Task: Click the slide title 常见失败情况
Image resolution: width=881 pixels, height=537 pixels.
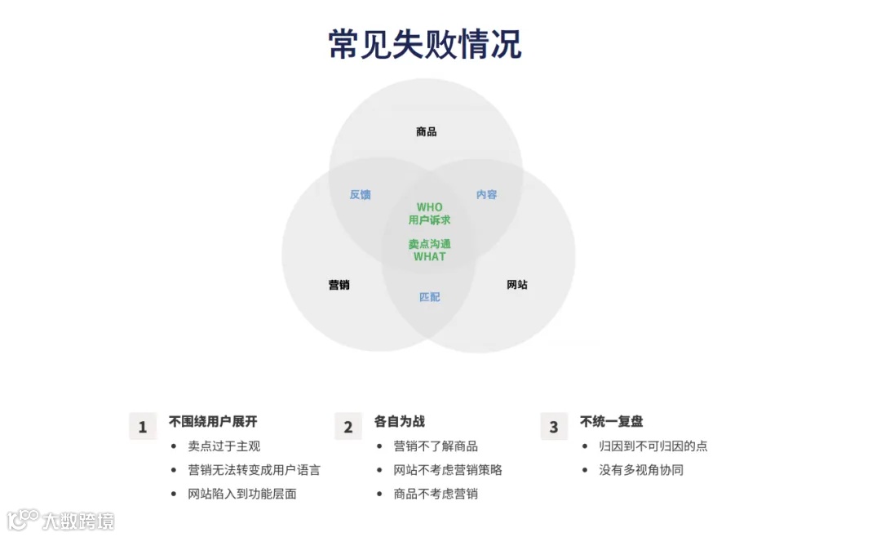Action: pyautogui.click(x=424, y=44)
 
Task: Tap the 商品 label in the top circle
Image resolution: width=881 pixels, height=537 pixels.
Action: pyautogui.click(x=426, y=131)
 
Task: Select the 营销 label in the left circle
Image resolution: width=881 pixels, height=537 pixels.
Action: pyautogui.click(x=339, y=285)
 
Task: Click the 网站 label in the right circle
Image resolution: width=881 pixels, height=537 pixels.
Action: pyautogui.click(x=517, y=285)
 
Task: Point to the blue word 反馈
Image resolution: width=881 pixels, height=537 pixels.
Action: pyautogui.click(x=361, y=194)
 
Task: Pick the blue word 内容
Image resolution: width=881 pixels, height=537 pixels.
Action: pyautogui.click(x=487, y=194)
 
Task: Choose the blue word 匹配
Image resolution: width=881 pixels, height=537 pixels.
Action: pyautogui.click(x=430, y=297)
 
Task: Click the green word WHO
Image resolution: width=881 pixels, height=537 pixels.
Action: pyautogui.click(x=430, y=207)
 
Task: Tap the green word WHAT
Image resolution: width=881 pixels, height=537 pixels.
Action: pyautogui.click(x=430, y=256)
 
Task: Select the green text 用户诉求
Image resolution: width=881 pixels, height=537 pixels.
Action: pyautogui.click(x=430, y=220)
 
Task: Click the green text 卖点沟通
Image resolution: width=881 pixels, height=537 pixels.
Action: pyautogui.click(x=430, y=244)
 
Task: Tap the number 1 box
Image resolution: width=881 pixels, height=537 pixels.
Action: pyautogui.click(x=143, y=427)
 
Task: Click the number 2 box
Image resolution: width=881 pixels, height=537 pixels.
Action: pyautogui.click(x=348, y=427)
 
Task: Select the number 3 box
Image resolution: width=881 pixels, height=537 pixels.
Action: pyautogui.click(x=554, y=427)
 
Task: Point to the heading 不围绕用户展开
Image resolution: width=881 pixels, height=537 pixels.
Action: pyautogui.click(x=213, y=422)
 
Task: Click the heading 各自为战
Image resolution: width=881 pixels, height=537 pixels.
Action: pyautogui.click(x=400, y=422)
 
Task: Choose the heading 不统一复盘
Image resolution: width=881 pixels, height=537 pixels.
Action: pyautogui.click(x=612, y=422)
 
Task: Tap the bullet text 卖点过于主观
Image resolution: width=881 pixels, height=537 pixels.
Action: pyautogui.click(x=224, y=446)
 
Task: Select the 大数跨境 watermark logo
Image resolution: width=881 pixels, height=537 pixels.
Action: pyautogui.click(x=61, y=520)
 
